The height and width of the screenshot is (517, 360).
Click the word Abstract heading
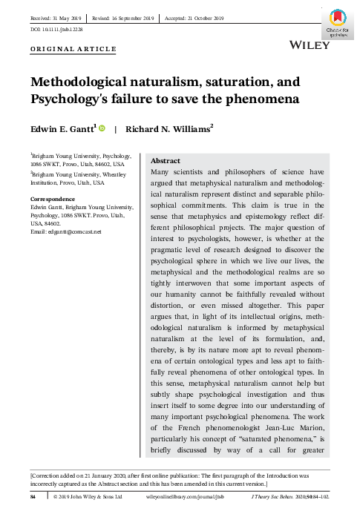(166, 159)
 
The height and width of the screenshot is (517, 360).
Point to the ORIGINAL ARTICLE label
(73, 50)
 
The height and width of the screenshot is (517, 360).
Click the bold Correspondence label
(53, 200)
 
